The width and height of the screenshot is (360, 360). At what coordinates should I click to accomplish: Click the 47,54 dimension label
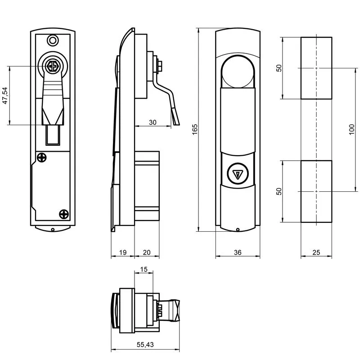click(x=5, y=95)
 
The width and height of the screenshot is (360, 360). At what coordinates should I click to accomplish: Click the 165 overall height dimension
click(x=194, y=130)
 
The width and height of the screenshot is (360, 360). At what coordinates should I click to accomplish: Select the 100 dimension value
click(x=351, y=130)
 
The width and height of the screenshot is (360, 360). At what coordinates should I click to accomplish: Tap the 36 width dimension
click(x=238, y=253)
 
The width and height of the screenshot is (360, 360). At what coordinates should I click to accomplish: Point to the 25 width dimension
click(x=316, y=253)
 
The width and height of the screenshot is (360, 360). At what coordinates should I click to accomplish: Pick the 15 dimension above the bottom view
click(x=144, y=269)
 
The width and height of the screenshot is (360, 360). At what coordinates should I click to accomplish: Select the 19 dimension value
click(x=122, y=253)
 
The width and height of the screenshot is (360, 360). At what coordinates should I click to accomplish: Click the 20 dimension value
click(x=147, y=253)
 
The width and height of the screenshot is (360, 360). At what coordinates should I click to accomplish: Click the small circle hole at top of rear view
click(x=53, y=40)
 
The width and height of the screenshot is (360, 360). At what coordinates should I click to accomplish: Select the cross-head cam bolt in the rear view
click(x=53, y=67)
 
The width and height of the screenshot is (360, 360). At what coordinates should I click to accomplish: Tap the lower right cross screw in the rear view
click(x=63, y=213)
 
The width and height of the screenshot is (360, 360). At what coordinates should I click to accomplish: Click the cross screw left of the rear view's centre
click(x=41, y=157)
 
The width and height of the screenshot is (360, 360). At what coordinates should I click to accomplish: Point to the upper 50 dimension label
click(x=279, y=68)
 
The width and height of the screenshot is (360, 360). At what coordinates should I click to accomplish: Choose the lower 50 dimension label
click(x=279, y=191)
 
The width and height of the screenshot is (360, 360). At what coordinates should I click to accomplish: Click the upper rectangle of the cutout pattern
click(x=316, y=68)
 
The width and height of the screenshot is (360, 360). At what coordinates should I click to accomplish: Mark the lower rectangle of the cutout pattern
click(x=316, y=191)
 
